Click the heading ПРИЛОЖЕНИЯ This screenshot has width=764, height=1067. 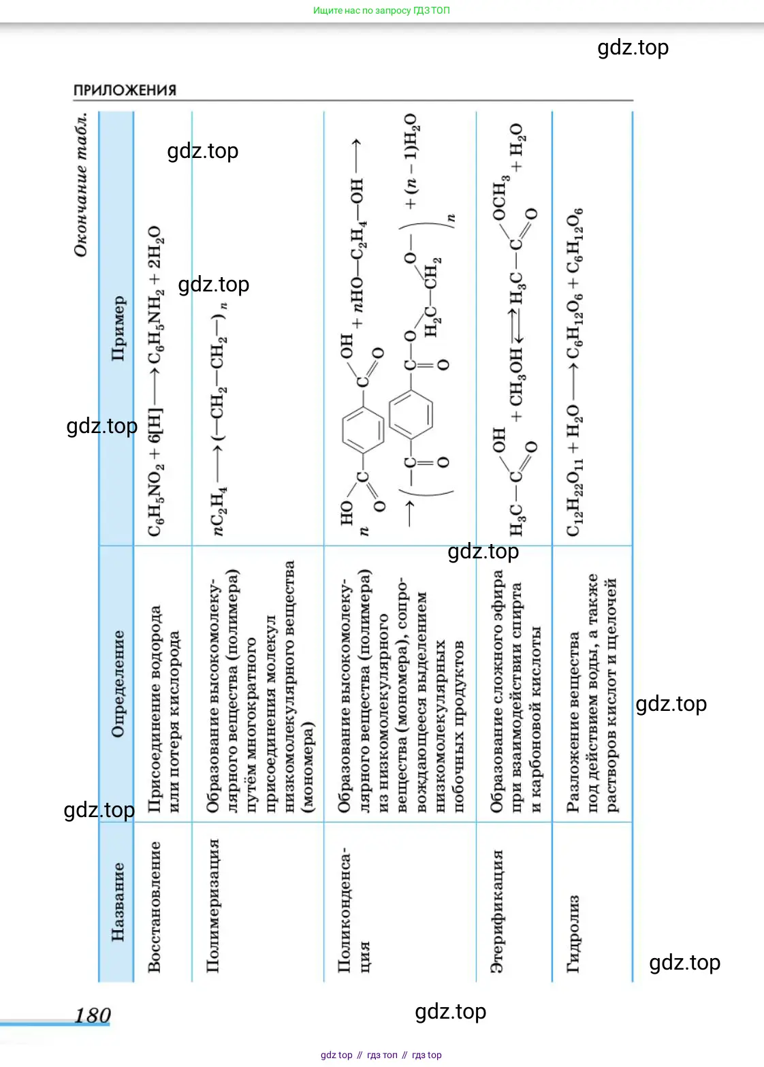point(125,90)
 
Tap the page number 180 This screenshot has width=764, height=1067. point(92,1015)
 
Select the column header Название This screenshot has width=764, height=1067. point(117,902)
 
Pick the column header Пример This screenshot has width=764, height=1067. point(117,328)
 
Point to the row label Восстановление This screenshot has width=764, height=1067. point(155,906)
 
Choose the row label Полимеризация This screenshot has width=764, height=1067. point(213,905)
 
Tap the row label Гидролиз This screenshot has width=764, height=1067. point(573,933)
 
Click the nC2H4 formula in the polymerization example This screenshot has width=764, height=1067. point(220,510)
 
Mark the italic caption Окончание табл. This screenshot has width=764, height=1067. point(81,184)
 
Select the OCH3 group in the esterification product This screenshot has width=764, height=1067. point(500,197)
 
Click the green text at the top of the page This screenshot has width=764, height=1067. point(381,10)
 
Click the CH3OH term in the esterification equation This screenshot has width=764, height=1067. point(517,375)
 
